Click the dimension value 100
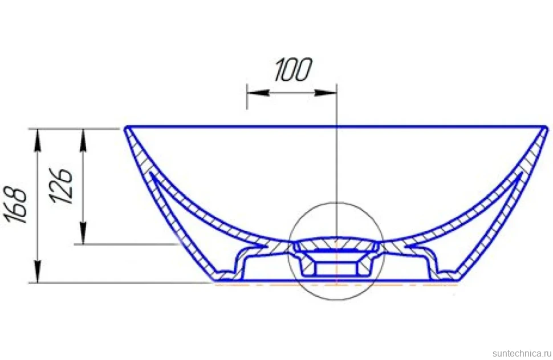point(293,69)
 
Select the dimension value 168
point(17,206)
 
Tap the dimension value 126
point(62,186)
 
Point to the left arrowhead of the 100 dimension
point(258,93)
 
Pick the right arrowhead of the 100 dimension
point(325,93)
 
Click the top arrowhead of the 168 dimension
point(38,140)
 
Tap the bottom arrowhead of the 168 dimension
point(38,271)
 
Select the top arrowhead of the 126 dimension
point(83,140)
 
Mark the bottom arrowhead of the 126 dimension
point(83,233)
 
